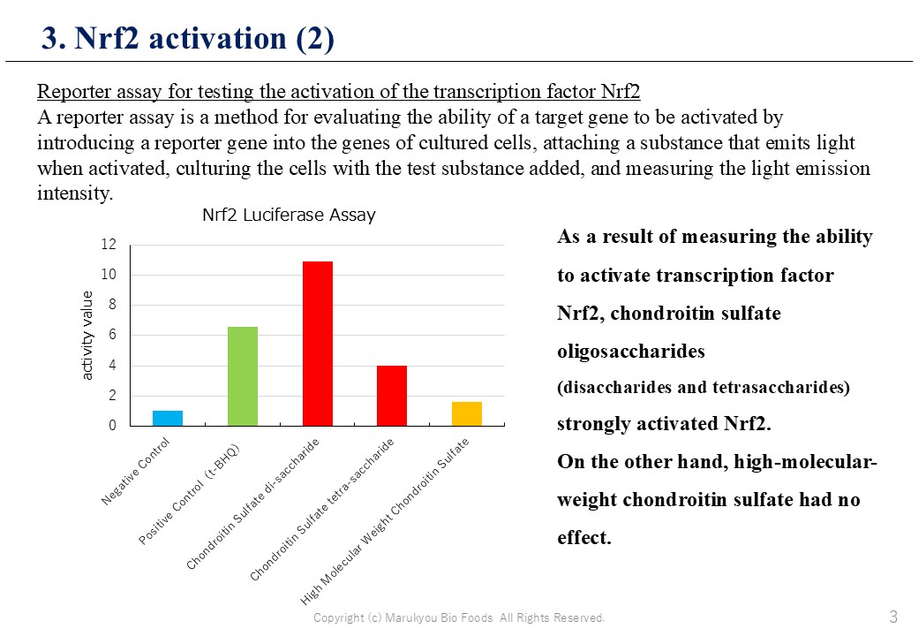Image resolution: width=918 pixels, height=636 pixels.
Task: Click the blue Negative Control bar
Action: point(168,418)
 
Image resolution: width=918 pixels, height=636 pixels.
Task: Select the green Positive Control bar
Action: point(243,376)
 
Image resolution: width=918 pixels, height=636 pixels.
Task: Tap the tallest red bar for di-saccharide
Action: point(317,344)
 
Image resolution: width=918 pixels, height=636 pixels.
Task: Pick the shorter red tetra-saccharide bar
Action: point(392,396)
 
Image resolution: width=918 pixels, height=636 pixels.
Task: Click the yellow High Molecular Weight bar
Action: point(467,413)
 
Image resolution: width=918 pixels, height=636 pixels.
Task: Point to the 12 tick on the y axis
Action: point(109,244)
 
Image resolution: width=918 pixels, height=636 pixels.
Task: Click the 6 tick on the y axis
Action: point(112,335)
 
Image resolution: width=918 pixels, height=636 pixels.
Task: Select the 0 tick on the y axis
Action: point(112,425)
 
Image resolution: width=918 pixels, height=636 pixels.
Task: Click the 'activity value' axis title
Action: point(87,336)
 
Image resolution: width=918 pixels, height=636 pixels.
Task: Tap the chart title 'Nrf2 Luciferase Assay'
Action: point(289,215)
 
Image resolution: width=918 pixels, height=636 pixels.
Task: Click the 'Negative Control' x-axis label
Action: point(136,472)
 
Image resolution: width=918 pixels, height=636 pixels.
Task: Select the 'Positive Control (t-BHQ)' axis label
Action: point(189,495)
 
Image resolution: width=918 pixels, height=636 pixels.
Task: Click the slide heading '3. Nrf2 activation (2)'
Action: point(188,38)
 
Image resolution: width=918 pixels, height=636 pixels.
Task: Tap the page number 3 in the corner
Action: point(893,616)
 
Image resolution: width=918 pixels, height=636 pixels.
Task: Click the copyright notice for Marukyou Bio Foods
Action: point(459,617)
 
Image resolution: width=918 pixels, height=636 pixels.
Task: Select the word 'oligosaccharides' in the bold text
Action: point(630,352)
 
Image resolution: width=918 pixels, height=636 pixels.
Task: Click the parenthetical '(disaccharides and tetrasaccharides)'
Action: point(704,388)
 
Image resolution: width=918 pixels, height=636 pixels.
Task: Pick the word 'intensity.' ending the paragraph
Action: point(75,193)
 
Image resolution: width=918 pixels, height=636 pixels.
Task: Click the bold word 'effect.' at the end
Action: point(583,537)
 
